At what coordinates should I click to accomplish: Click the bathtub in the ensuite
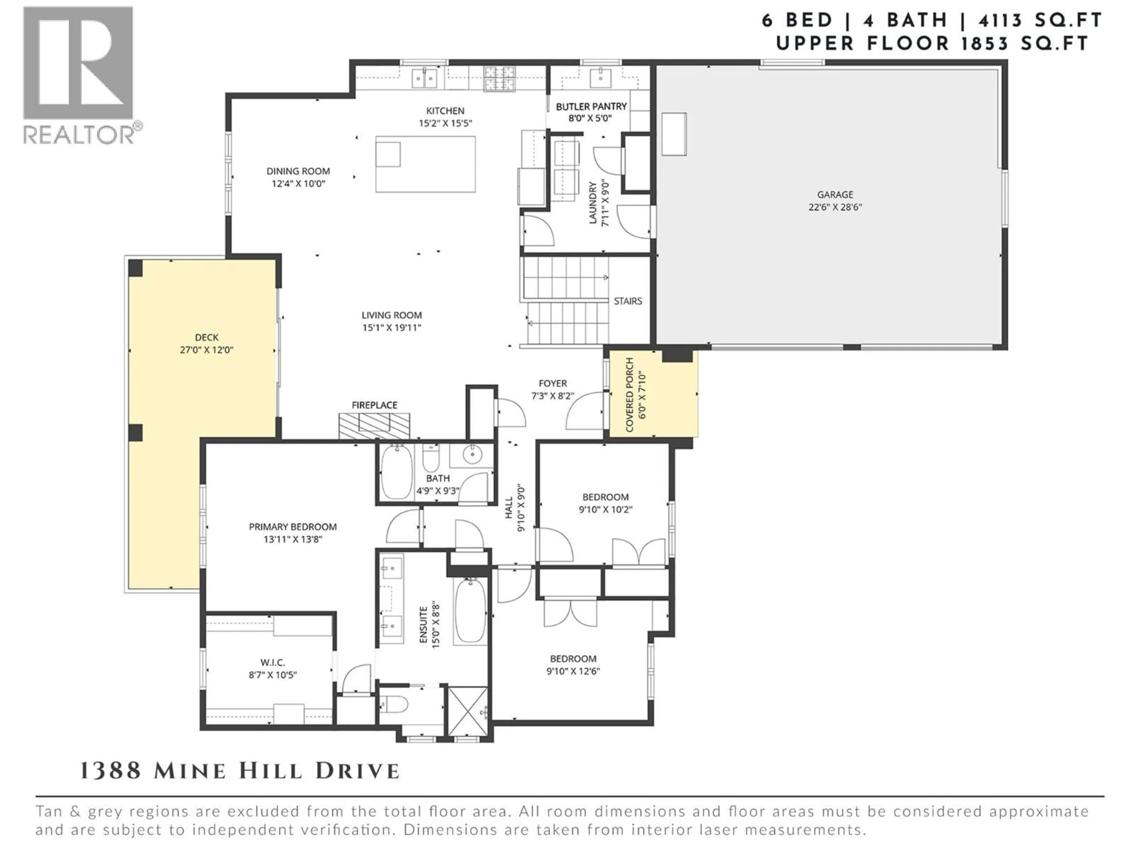pyautogui.click(x=470, y=610)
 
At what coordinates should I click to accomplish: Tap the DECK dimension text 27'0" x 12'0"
pyautogui.click(x=207, y=350)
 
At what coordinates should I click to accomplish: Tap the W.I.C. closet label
pyautogui.click(x=273, y=663)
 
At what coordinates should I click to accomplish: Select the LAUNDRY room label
pyautogui.click(x=593, y=202)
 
